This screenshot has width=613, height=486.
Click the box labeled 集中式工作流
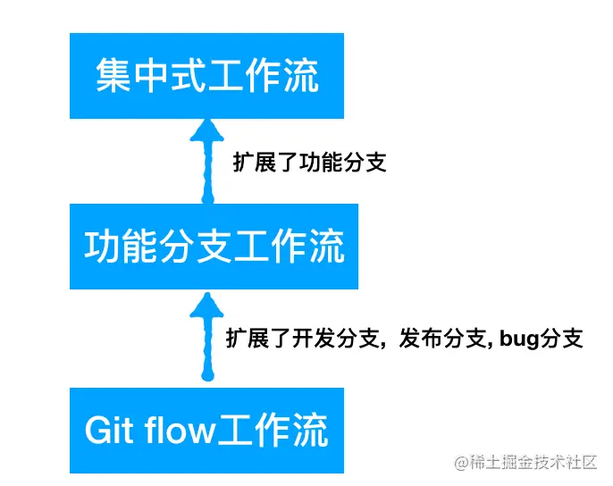coord(206,76)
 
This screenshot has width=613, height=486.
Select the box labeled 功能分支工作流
coord(214,246)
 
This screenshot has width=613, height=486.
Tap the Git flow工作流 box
coord(206,430)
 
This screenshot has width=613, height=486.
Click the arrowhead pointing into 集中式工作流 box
coord(208,133)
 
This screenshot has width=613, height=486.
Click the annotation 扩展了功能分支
coord(308,163)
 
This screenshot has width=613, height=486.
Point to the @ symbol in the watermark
coord(461,463)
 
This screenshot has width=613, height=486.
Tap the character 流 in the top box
coord(300,77)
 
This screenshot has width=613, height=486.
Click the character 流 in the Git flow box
coord(309,430)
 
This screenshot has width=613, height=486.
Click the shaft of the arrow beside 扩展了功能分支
coord(208,174)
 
